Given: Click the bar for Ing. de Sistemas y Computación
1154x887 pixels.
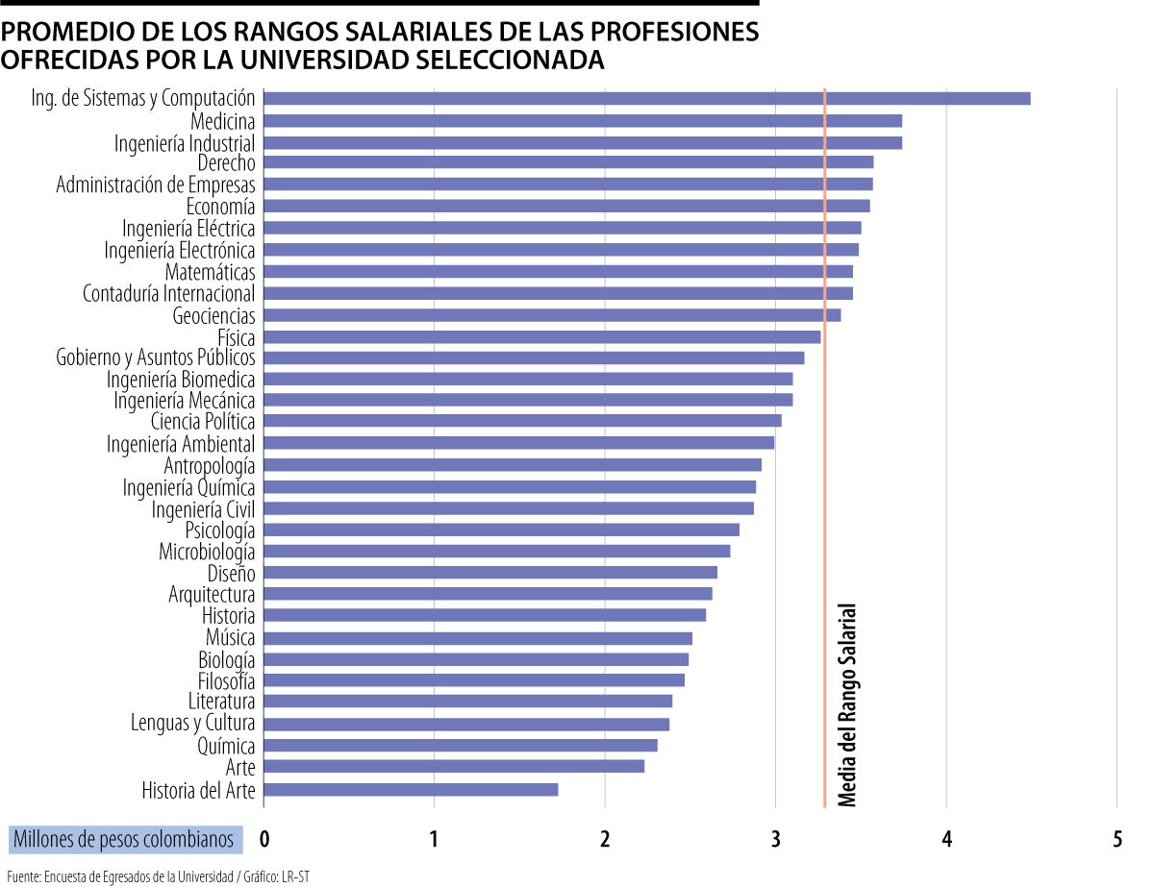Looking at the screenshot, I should [x=646, y=98].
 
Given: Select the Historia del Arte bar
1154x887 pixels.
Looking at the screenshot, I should [x=411, y=790].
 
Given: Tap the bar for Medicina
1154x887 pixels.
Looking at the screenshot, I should [x=582, y=121].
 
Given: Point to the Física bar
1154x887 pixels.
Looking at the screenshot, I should [x=541, y=336].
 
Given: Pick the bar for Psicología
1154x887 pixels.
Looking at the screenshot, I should [x=501, y=530].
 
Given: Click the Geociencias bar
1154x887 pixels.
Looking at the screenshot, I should [x=551, y=315].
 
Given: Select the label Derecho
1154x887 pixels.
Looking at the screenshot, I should [x=226, y=163].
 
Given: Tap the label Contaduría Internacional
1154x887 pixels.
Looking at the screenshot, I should [x=169, y=293].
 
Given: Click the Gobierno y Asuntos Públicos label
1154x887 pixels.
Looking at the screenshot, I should [x=156, y=357].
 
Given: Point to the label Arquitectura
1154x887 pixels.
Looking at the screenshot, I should [x=212, y=594].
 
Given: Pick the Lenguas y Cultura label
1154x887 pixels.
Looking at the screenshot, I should [x=193, y=723].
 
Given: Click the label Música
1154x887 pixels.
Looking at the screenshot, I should [x=230, y=637].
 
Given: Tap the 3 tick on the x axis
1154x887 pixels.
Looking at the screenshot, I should [x=775, y=839].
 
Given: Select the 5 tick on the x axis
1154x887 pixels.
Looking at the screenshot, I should [x=1116, y=839].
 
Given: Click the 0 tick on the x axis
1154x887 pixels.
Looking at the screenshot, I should [x=264, y=839].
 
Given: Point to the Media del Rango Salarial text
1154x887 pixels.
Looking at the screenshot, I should [x=847, y=704].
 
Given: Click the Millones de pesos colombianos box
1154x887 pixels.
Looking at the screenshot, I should [x=124, y=839].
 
